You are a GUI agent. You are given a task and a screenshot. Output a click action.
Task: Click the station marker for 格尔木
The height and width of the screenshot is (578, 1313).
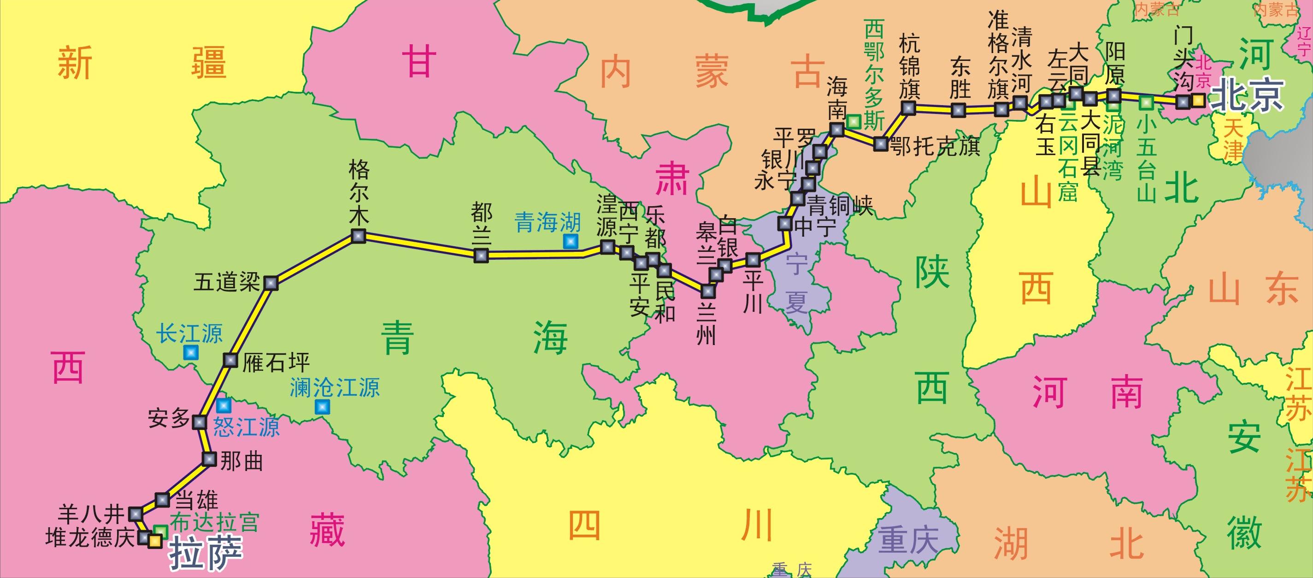pos(359,236)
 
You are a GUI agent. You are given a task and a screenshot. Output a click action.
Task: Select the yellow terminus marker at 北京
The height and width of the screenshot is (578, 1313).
pos(1198,101)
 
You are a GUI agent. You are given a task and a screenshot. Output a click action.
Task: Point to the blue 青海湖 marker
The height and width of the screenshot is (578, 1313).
pos(571,242)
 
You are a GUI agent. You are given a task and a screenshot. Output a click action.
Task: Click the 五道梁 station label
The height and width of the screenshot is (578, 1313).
pos(226,283)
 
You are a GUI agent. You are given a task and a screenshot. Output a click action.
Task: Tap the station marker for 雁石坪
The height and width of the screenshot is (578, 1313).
pos(230,360)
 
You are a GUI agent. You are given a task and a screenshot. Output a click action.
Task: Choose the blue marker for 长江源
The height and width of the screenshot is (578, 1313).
pos(191,352)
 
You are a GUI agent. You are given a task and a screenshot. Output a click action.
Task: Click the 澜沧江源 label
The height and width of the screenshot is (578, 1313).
pos(335,387)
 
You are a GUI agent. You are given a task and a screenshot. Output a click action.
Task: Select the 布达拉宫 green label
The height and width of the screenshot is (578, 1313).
pos(215,522)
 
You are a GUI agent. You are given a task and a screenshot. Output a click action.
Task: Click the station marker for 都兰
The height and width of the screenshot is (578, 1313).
pos(481,255)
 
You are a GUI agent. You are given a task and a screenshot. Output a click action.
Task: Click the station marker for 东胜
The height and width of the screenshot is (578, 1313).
pos(958,110)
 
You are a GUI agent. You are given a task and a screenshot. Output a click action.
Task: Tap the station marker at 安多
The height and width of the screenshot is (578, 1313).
pos(199,422)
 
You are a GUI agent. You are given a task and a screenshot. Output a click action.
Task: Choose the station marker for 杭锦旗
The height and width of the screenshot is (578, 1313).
pos(908,107)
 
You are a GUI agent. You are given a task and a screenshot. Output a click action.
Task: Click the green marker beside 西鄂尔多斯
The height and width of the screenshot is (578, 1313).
pos(854,121)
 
